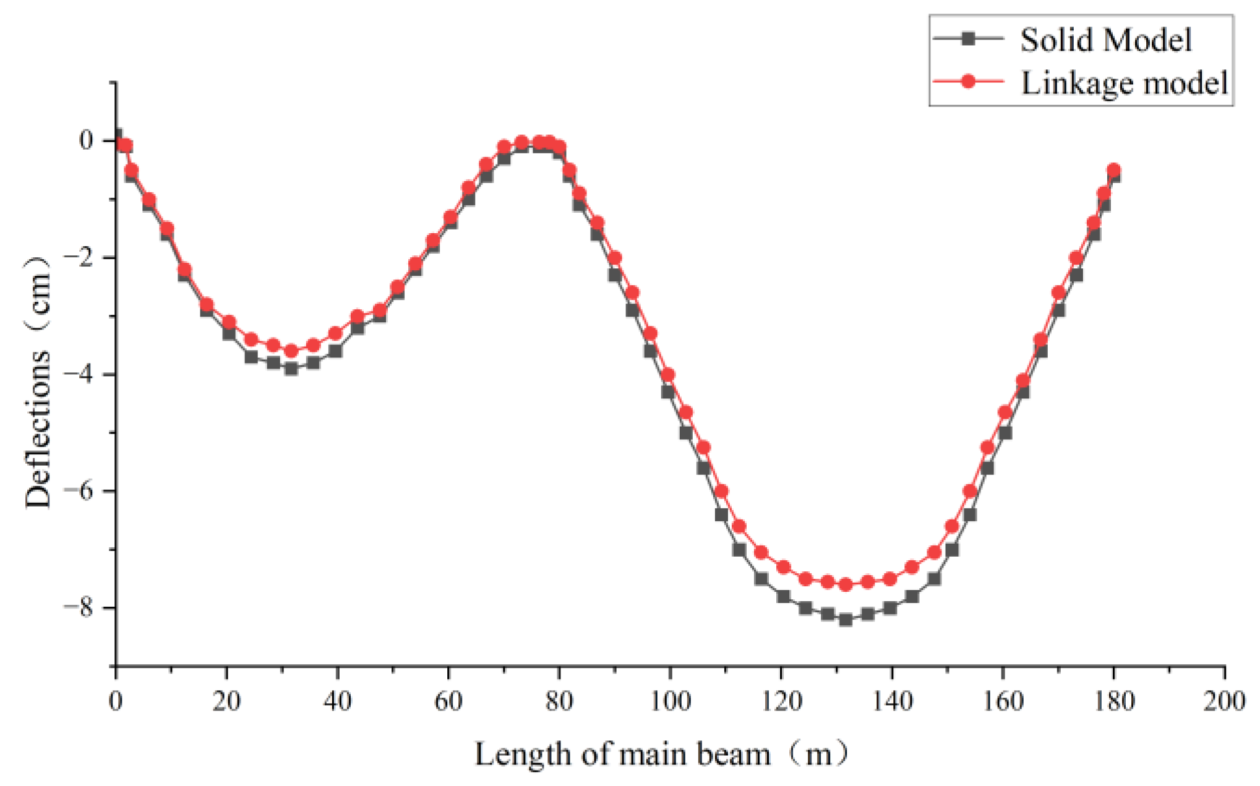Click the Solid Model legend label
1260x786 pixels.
(x=1105, y=40)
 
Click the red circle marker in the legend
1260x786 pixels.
(x=969, y=81)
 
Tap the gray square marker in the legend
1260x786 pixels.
(x=969, y=39)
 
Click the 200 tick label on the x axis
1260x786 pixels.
(x=1224, y=701)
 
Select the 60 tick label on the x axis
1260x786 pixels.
(x=448, y=701)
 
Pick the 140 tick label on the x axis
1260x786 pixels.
(x=891, y=701)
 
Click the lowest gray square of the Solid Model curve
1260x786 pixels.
(x=846, y=619)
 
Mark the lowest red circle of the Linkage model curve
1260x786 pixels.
(x=846, y=584)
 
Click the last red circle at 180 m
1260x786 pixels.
(x=1113, y=170)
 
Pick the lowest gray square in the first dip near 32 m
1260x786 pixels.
(x=291, y=369)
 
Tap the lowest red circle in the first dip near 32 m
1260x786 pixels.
(x=291, y=351)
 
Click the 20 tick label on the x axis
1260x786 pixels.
(x=226, y=701)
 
